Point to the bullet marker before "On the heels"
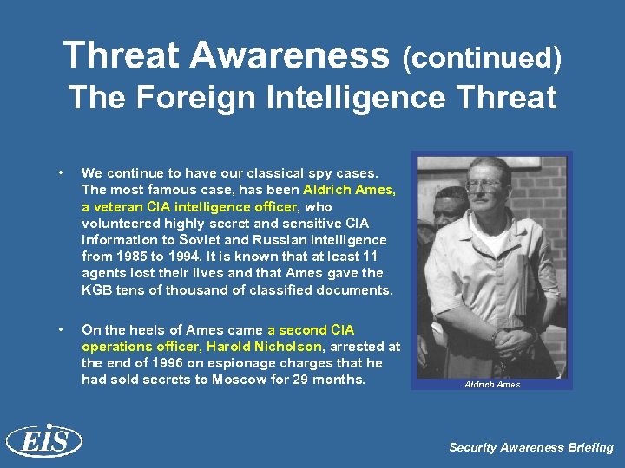pyautogui.click(x=58, y=330)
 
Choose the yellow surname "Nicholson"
pyautogui.click(x=285, y=347)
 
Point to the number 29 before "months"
pyautogui.click(x=300, y=380)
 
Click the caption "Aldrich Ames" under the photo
pyautogui.click(x=492, y=384)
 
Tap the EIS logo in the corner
pyautogui.click(x=43, y=441)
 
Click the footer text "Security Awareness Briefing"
pyautogui.click(x=530, y=447)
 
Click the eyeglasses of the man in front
pyautogui.click(x=483, y=185)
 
